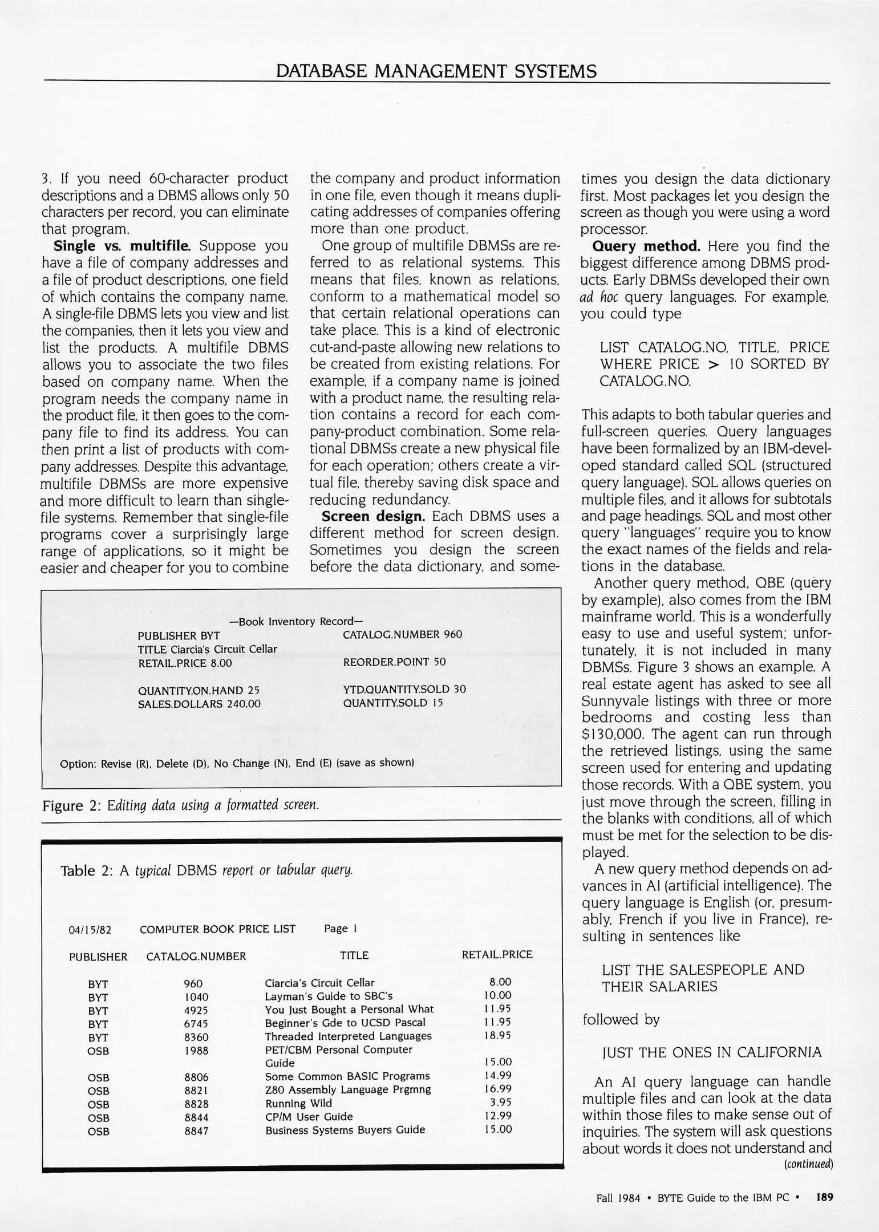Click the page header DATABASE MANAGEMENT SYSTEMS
pyautogui.click(x=436, y=71)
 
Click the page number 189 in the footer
pyautogui.click(x=824, y=1197)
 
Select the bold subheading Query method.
pyautogui.click(x=646, y=246)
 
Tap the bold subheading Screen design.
pyautogui.click(x=373, y=516)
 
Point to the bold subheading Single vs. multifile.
pyautogui.click(x=122, y=246)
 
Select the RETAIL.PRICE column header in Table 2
pyautogui.click(x=497, y=955)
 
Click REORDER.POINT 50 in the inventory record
pyautogui.click(x=394, y=662)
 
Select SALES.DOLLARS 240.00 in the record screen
pyautogui.click(x=199, y=704)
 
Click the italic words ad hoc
pyautogui.click(x=599, y=297)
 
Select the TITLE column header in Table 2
pyautogui.click(x=354, y=955)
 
